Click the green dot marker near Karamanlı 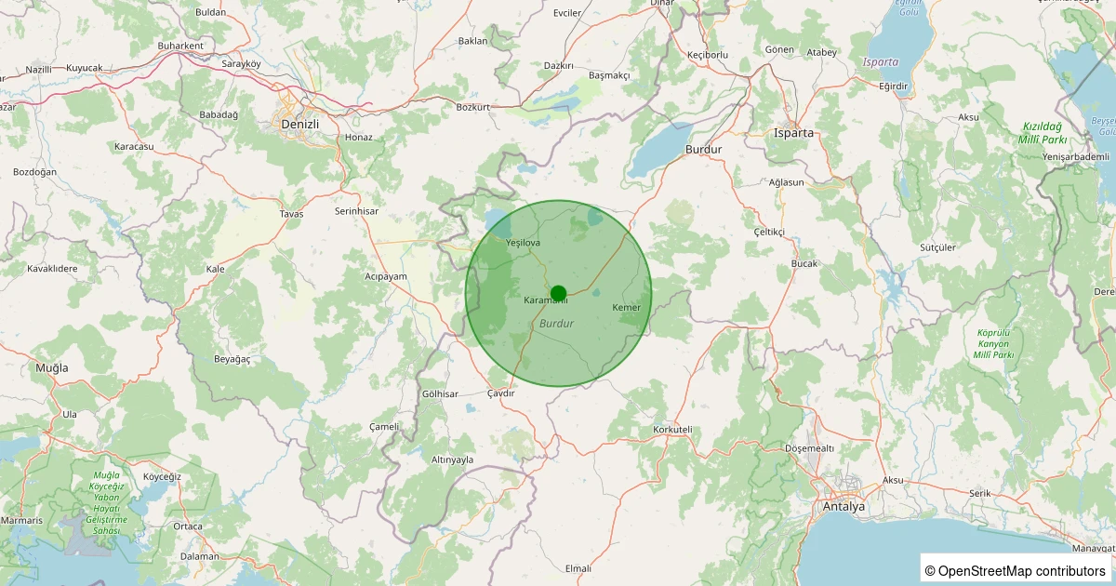pos(558,293)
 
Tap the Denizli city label pos(299,124)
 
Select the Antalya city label pos(844,507)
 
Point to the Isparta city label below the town pos(793,133)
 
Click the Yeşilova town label pos(523,243)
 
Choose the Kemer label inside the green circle pos(627,308)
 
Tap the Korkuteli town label pos(673,430)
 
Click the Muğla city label pos(52,368)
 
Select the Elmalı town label pos(578,568)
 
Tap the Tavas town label pos(291,214)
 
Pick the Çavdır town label pos(500,393)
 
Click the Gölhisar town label pos(440,394)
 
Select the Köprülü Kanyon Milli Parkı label pos(993,344)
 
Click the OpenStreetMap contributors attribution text pos(1015,570)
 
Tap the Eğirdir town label pos(893,86)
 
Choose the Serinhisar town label pos(356,212)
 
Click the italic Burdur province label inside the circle pos(556,324)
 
